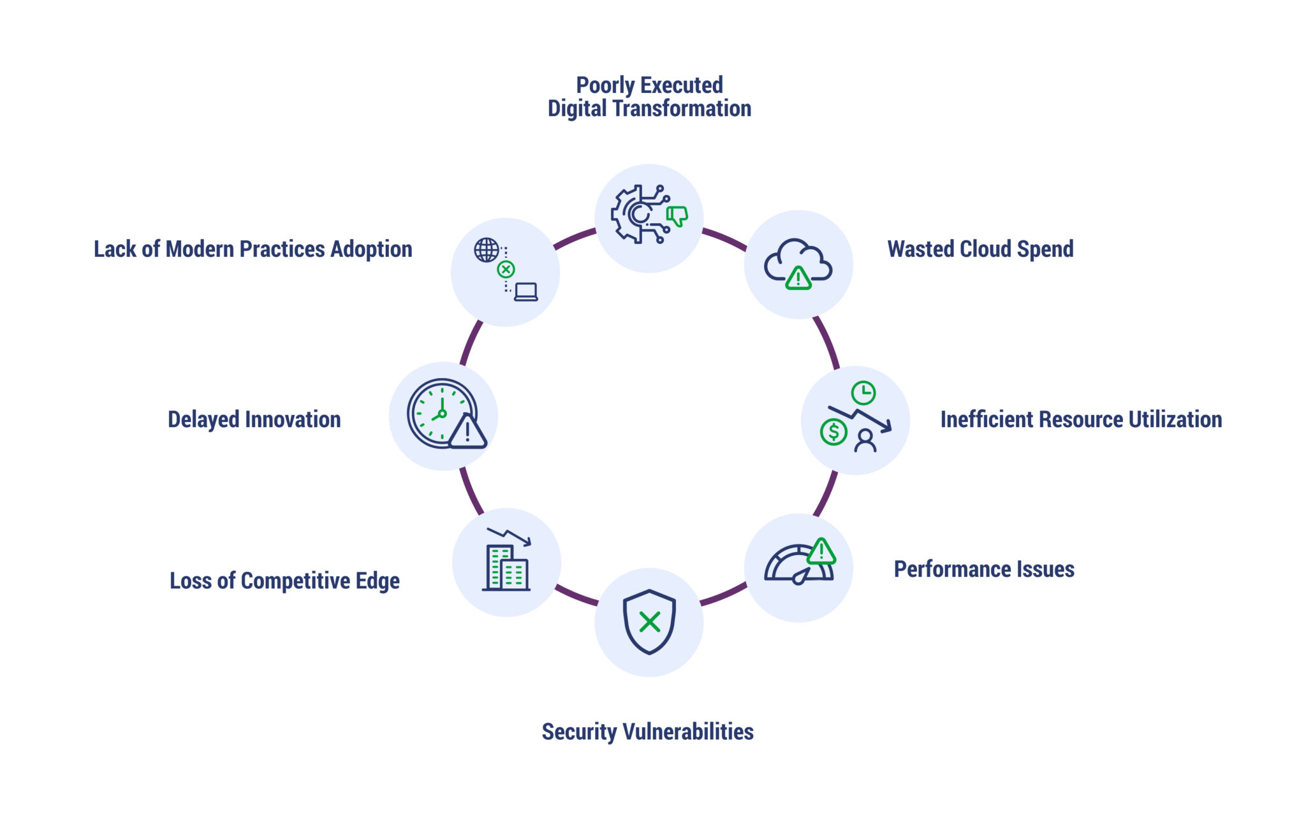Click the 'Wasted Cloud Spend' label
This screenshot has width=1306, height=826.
click(x=980, y=249)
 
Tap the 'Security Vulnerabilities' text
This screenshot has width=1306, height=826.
click(x=647, y=732)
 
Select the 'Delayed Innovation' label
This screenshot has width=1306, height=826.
click(x=254, y=419)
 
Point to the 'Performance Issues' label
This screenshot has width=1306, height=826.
click(x=984, y=569)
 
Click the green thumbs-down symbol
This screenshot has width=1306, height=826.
click(x=677, y=216)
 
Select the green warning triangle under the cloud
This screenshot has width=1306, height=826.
click(x=798, y=278)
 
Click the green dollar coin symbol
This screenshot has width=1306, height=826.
click(x=833, y=432)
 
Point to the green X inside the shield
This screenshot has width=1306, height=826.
click(x=649, y=622)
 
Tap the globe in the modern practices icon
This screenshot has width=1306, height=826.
click(x=486, y=250)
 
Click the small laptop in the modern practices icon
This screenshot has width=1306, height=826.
click(x=526, y=292)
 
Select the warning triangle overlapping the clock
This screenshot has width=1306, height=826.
click(x=467, y=432)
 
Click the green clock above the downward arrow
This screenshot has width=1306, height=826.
click(x=863, y=393)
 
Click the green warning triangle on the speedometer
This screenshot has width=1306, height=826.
click(x=821, y=552)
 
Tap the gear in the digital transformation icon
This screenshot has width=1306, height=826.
click(x=631, y=214)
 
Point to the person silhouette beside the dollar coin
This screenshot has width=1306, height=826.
click(x=865, y=440)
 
